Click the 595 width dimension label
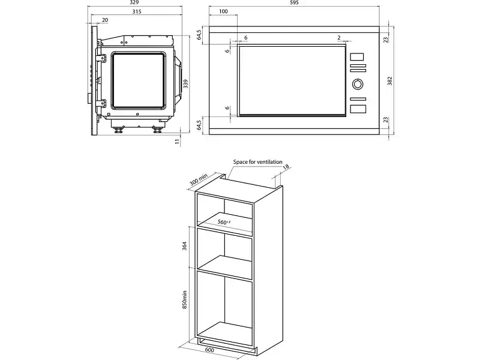[293, 2]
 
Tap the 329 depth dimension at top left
[134, 2]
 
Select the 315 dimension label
[137, 11]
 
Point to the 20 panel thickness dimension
[105, 20]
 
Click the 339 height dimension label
[185, 84]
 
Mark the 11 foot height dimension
[177, 142]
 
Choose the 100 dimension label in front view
[223, 11]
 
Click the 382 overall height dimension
[389, 81]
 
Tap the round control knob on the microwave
[358, 84]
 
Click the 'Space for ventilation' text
[258, 162]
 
